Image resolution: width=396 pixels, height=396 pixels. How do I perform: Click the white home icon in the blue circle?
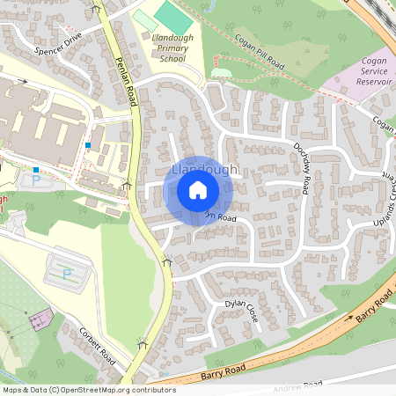pyautogui.click(x=198, y=190)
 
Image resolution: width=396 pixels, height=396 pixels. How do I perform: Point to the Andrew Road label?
pyautogui.click(x=300, y=387)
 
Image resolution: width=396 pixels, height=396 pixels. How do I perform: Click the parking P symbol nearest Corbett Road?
pyautogui.click(x=67, y=274)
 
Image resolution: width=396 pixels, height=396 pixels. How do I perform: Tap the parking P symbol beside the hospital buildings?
pyautogui.click(x=36, y=180)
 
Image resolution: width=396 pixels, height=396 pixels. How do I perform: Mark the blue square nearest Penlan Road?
pyautogui.click(x=89, y=144)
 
